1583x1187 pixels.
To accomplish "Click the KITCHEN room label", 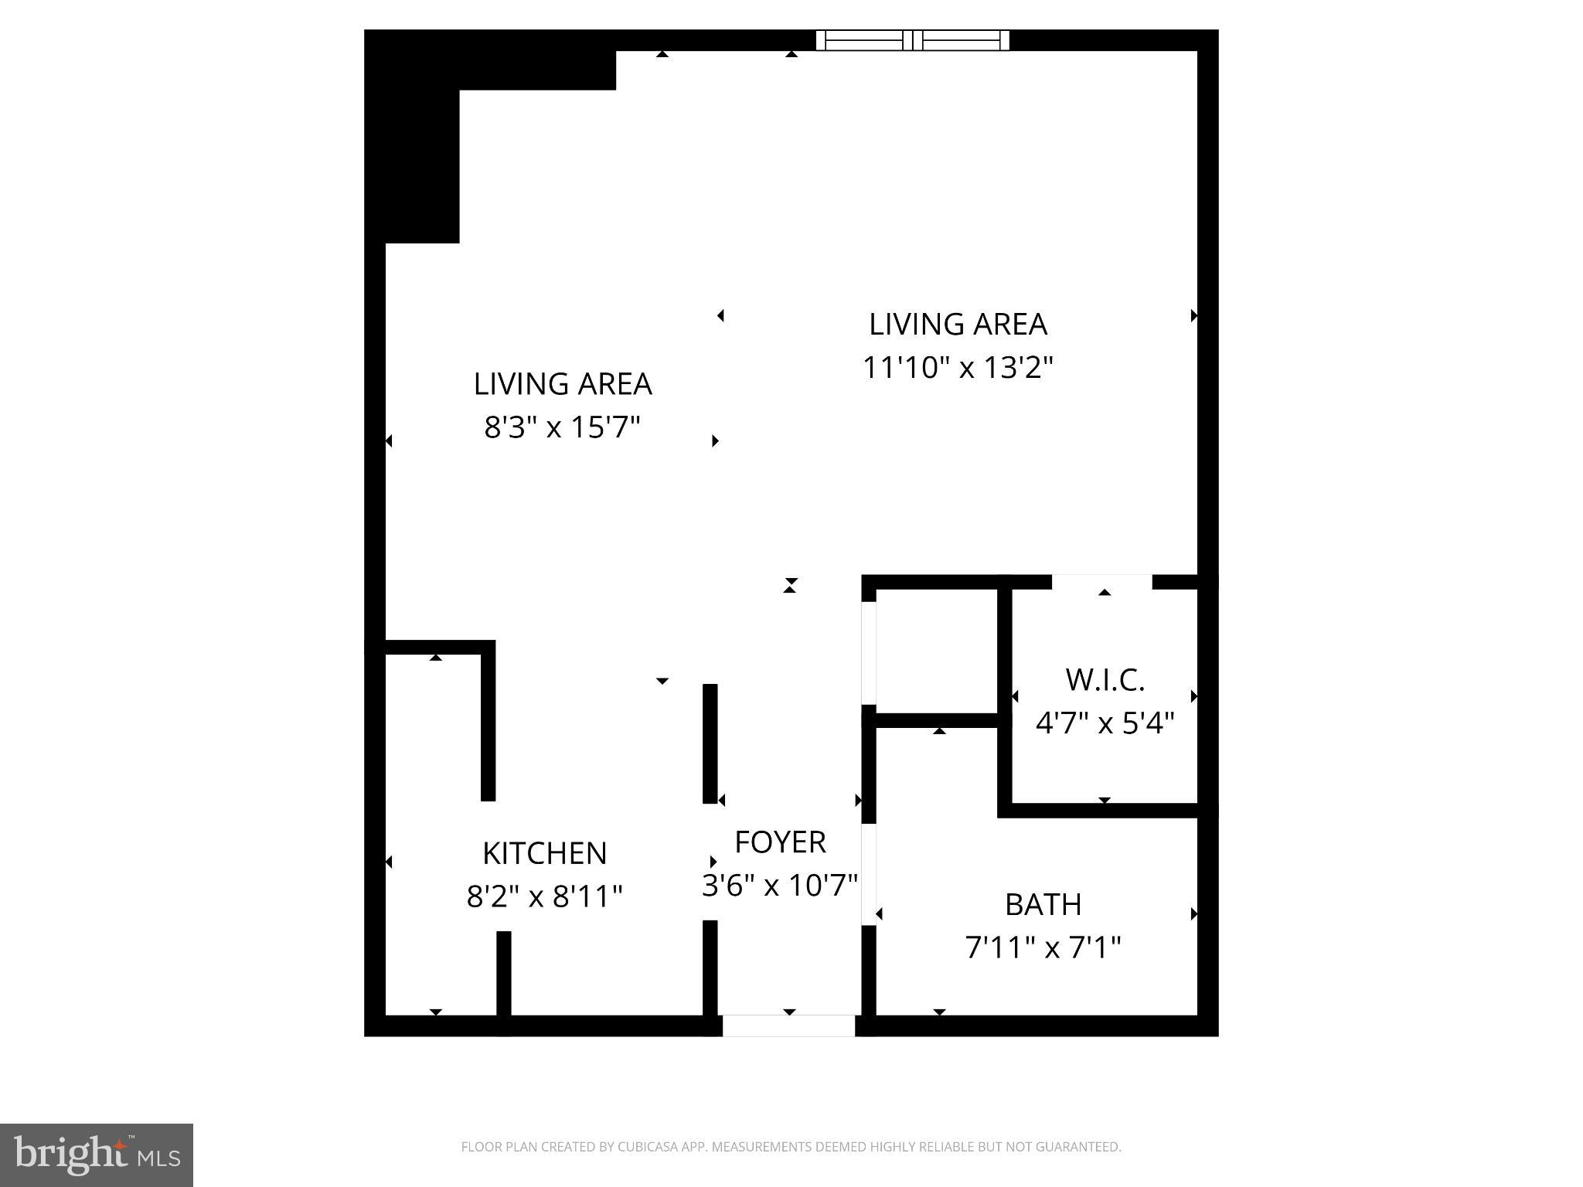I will [x=544, y=853].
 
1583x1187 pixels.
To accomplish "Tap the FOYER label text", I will [x=780, y=842].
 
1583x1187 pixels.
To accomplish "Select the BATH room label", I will [x=1043, y=904].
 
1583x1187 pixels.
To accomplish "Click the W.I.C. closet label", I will [x=1105, y=680].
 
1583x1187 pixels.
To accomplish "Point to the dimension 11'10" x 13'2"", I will [x=958, y=368].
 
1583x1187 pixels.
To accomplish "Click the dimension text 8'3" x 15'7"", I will [x=563, y=427].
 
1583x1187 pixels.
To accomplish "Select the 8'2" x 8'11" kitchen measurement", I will [x=544, y=896].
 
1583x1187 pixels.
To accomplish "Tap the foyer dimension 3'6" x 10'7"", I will [x=780, y=886].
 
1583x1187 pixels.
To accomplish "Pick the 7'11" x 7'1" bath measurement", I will [x=1043, y=947].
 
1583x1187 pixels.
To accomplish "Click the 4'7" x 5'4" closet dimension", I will [x=1105, y=723].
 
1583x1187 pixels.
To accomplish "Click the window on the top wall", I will [x=912, y=40].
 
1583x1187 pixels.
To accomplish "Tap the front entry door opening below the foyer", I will [x=788, y=1025].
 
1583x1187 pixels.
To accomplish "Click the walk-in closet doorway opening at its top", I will [x=1101, y=581].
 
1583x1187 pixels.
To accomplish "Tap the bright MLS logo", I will [x=97, y=1155].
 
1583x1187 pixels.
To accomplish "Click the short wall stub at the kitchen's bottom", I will [x=503, y=974].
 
